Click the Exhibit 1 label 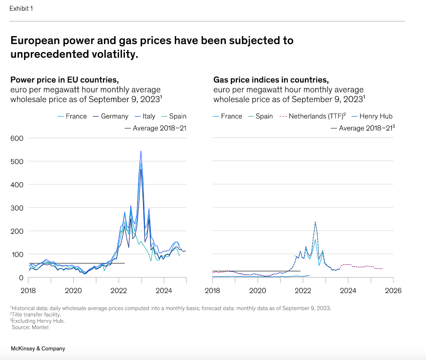[x=21, y=9]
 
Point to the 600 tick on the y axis [x=17, y=138]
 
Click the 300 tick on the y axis [x=17, y=208]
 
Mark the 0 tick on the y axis [x=20, y=278]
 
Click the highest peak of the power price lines [x=141, y=151]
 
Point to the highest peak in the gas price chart [x=315, y=222]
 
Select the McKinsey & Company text [x=38, y=349]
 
